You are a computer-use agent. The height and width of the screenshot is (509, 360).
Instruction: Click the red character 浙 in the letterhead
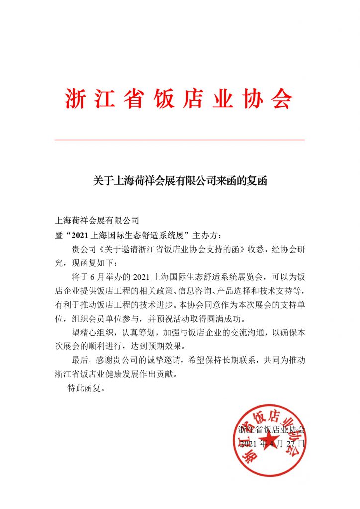point(75,99)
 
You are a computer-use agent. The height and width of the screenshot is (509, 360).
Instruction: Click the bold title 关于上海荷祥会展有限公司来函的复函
point(180,181)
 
